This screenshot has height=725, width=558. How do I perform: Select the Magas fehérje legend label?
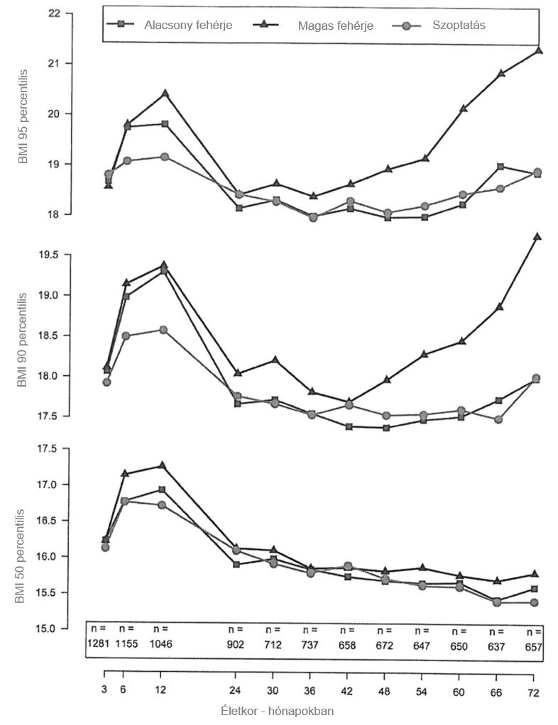pyautogui.click(x=335, y=26)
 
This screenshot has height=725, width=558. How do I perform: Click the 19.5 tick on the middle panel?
pyautogui.click(x=53, y=255)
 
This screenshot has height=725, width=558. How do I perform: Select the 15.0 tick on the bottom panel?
pyautogui.click(x=53, y=629)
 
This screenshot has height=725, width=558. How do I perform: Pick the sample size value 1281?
pyautogui.click(x=99, y=644)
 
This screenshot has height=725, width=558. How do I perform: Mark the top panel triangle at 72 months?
pyautogui.click(x=539, y=50)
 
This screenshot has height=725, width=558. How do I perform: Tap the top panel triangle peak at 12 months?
pyautogui.click(x=165, y=93)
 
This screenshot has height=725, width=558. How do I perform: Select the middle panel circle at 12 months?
pyautogui.click(x=164, y=330)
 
